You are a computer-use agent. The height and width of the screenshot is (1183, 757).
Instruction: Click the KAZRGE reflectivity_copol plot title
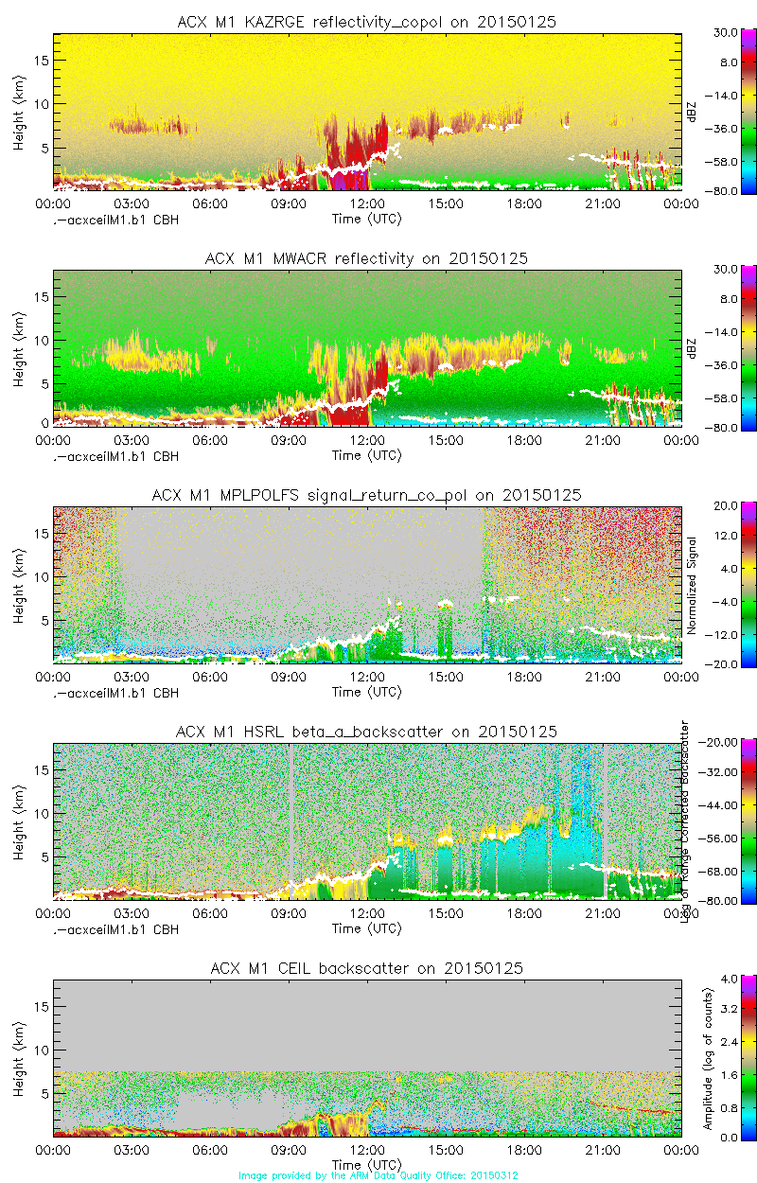(366, 22)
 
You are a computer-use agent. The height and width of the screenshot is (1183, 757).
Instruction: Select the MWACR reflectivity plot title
(366, 258)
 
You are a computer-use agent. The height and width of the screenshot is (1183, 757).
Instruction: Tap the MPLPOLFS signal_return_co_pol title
(366, 495)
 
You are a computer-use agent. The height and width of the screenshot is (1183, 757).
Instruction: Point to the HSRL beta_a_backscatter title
(366, 732)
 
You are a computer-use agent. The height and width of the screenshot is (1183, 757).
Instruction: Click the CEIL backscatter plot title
(366, 968)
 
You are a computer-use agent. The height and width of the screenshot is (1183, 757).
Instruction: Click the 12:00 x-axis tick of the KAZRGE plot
(367, 203)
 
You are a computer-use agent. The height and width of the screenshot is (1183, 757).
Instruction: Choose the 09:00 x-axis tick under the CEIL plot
(289, 1150)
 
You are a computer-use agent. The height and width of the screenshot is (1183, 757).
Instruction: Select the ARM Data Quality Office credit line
(378, 1175)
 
